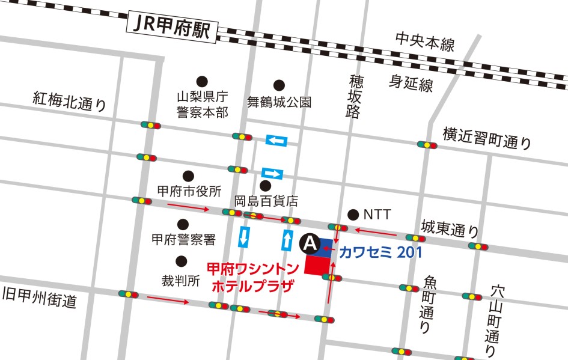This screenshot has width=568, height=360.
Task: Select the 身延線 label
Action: click(x=411, y=84)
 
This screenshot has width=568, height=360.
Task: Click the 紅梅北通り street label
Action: click(x=70, y=102)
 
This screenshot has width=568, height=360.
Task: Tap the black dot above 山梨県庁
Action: click(x=202, y=81)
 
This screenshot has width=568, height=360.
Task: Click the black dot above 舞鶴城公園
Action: click(x=279, y=85)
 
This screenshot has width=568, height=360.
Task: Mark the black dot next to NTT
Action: click(x=353, y=214)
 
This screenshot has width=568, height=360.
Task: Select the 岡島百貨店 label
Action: click(x=266, y=201)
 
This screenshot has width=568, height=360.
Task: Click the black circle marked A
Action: click(x=309, y=243)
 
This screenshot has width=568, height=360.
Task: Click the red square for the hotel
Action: click(x=317, y=266)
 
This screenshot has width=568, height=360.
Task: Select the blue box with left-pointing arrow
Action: click(x=276, y=141)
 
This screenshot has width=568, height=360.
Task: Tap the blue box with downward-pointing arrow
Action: click(x=244, y=237)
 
